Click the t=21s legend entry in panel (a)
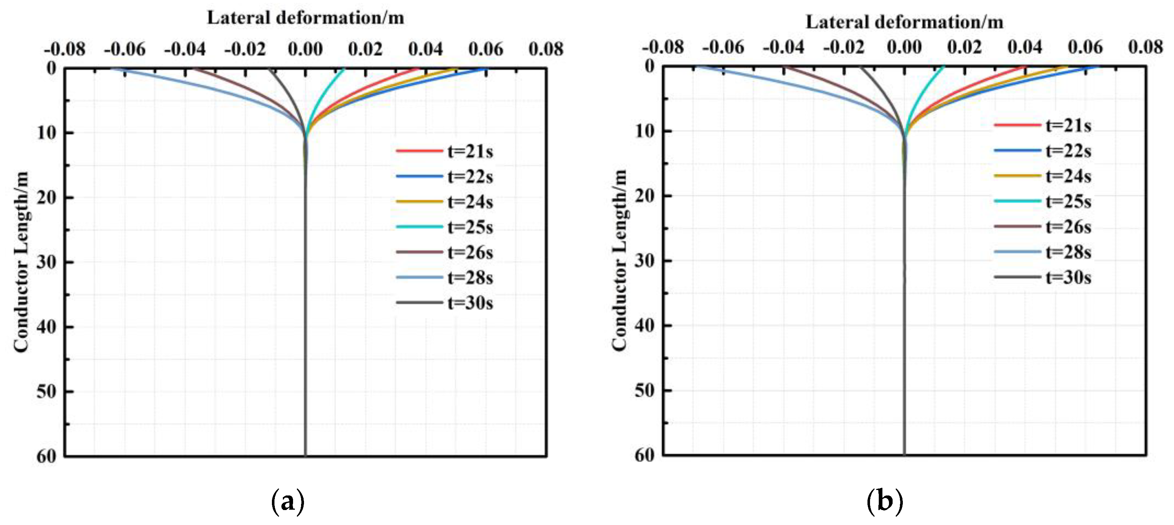(x=469, y=151)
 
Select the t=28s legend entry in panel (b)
(x=1068, y=252)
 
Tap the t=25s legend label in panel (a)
(x=469, y=227)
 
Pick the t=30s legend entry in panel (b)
(x=1068, y=277)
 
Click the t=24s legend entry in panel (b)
(x=1068, y=176)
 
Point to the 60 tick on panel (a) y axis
(x=47, y=456)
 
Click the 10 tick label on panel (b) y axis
(x=645, y=131)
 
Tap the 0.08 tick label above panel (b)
(x=1145, y=47)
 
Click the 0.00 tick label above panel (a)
(x=305, y=49)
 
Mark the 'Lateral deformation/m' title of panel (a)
(x=305, y=18)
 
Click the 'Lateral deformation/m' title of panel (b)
(x=904, y=22)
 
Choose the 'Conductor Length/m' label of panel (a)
(x=21, y=262)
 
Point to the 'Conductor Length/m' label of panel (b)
(x=619, y=260)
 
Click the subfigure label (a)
(x=288, y=502)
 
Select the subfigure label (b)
(x=884, y=502)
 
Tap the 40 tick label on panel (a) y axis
(x=47, y=327)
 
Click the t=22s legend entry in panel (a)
(x=469, y=177)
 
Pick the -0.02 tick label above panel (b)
(x=843, y=47)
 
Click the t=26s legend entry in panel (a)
(x=469, y=252)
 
